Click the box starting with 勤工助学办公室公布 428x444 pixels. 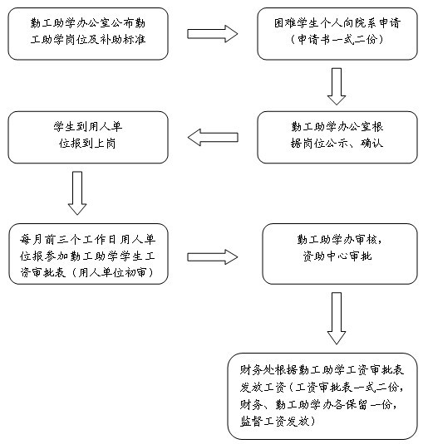tap(88, 34)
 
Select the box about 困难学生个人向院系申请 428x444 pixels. tap(337, 34)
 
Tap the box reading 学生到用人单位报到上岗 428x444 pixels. tap(88, 137)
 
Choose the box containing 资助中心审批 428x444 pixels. tap(340, 254)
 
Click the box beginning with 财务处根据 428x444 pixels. tap(322, 396)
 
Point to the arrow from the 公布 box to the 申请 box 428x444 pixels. tap(213, 34)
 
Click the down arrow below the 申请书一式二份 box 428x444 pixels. tap(337, 86)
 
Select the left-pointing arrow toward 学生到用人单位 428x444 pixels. tap(213, 137)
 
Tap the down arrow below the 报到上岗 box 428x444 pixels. tap(77, 193)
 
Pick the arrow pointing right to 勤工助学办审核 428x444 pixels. tap(213, 256)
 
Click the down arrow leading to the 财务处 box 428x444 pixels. tap(337, 319)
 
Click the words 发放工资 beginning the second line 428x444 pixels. tap(263, 388)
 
